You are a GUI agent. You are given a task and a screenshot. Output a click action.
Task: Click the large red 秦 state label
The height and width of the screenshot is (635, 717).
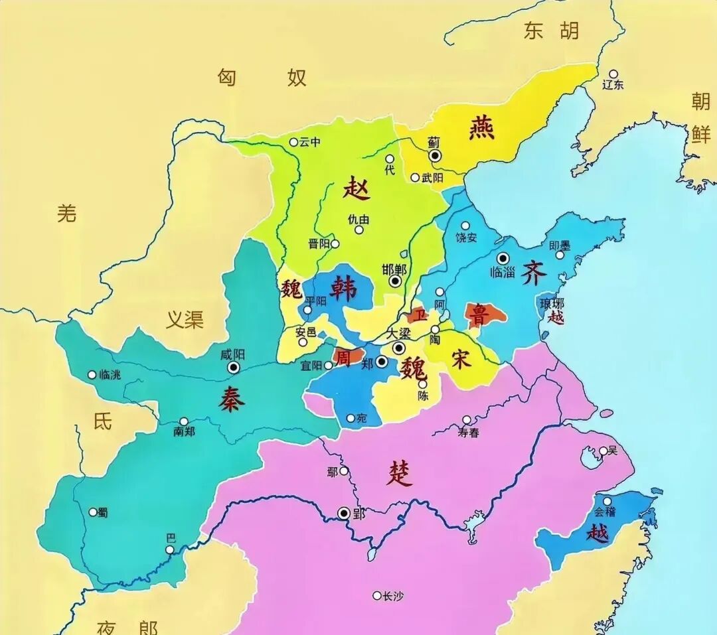point(230,400)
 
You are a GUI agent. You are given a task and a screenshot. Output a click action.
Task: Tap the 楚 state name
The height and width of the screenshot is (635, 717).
point(399,474)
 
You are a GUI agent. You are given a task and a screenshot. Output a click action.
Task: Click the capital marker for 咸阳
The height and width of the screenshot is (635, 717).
point(234,368)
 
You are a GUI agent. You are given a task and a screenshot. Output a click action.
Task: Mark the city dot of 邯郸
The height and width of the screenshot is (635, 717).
point(396,281)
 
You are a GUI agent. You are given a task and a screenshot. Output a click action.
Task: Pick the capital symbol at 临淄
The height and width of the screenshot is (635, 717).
point(503,258)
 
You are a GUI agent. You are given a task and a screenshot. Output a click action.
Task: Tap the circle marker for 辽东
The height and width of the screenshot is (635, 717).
point(613,74)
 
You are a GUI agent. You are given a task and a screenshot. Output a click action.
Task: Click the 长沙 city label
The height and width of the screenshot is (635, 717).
point(392,596)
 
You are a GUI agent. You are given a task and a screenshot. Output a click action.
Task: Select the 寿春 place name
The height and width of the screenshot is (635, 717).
point(468,433)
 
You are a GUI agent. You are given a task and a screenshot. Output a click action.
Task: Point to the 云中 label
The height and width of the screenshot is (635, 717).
point(309,142)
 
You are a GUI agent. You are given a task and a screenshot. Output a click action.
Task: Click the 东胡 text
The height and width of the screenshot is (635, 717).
point(551,31)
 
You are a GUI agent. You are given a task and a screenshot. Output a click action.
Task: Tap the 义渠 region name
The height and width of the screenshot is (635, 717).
point(184,321)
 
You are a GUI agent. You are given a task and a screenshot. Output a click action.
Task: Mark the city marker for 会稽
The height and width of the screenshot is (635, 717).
point(607,501)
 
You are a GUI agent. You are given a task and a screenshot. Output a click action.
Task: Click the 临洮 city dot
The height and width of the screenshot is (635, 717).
point(92,375)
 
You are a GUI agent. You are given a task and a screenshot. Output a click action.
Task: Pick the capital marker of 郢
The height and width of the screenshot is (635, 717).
point(343,513)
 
